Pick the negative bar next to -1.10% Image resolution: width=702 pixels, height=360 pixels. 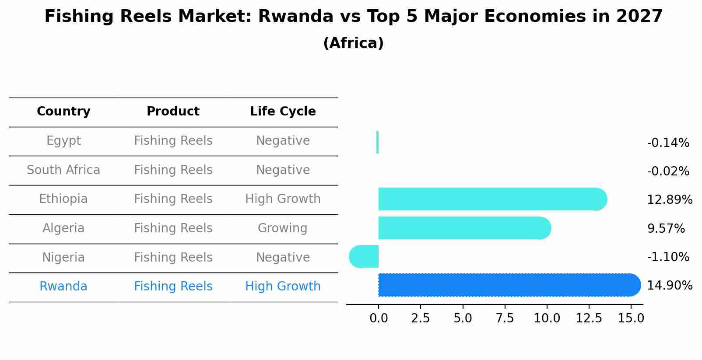[364, 256]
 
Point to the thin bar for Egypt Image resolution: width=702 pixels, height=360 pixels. [377, 142]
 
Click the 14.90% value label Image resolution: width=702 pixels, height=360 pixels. [669, 286]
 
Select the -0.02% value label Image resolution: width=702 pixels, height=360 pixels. [668, 171]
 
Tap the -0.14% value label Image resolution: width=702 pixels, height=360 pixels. [668, 143]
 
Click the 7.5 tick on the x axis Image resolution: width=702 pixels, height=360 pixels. [505, 318]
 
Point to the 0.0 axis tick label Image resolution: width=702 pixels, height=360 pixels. [379, 318]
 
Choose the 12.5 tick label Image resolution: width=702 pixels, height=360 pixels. [589, 318]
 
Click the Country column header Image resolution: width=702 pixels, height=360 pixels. [63, 112]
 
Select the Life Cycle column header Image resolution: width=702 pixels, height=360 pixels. [283, 112]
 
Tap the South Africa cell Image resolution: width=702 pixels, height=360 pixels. [63, 170]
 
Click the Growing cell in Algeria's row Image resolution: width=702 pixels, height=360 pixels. [282, 228]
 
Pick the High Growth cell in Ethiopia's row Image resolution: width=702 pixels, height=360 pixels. [283, 199]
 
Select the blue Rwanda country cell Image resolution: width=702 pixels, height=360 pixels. [63, 287]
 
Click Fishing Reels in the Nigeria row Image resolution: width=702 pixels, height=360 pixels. [173, 257]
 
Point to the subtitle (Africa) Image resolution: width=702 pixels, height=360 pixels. [353, 43]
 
